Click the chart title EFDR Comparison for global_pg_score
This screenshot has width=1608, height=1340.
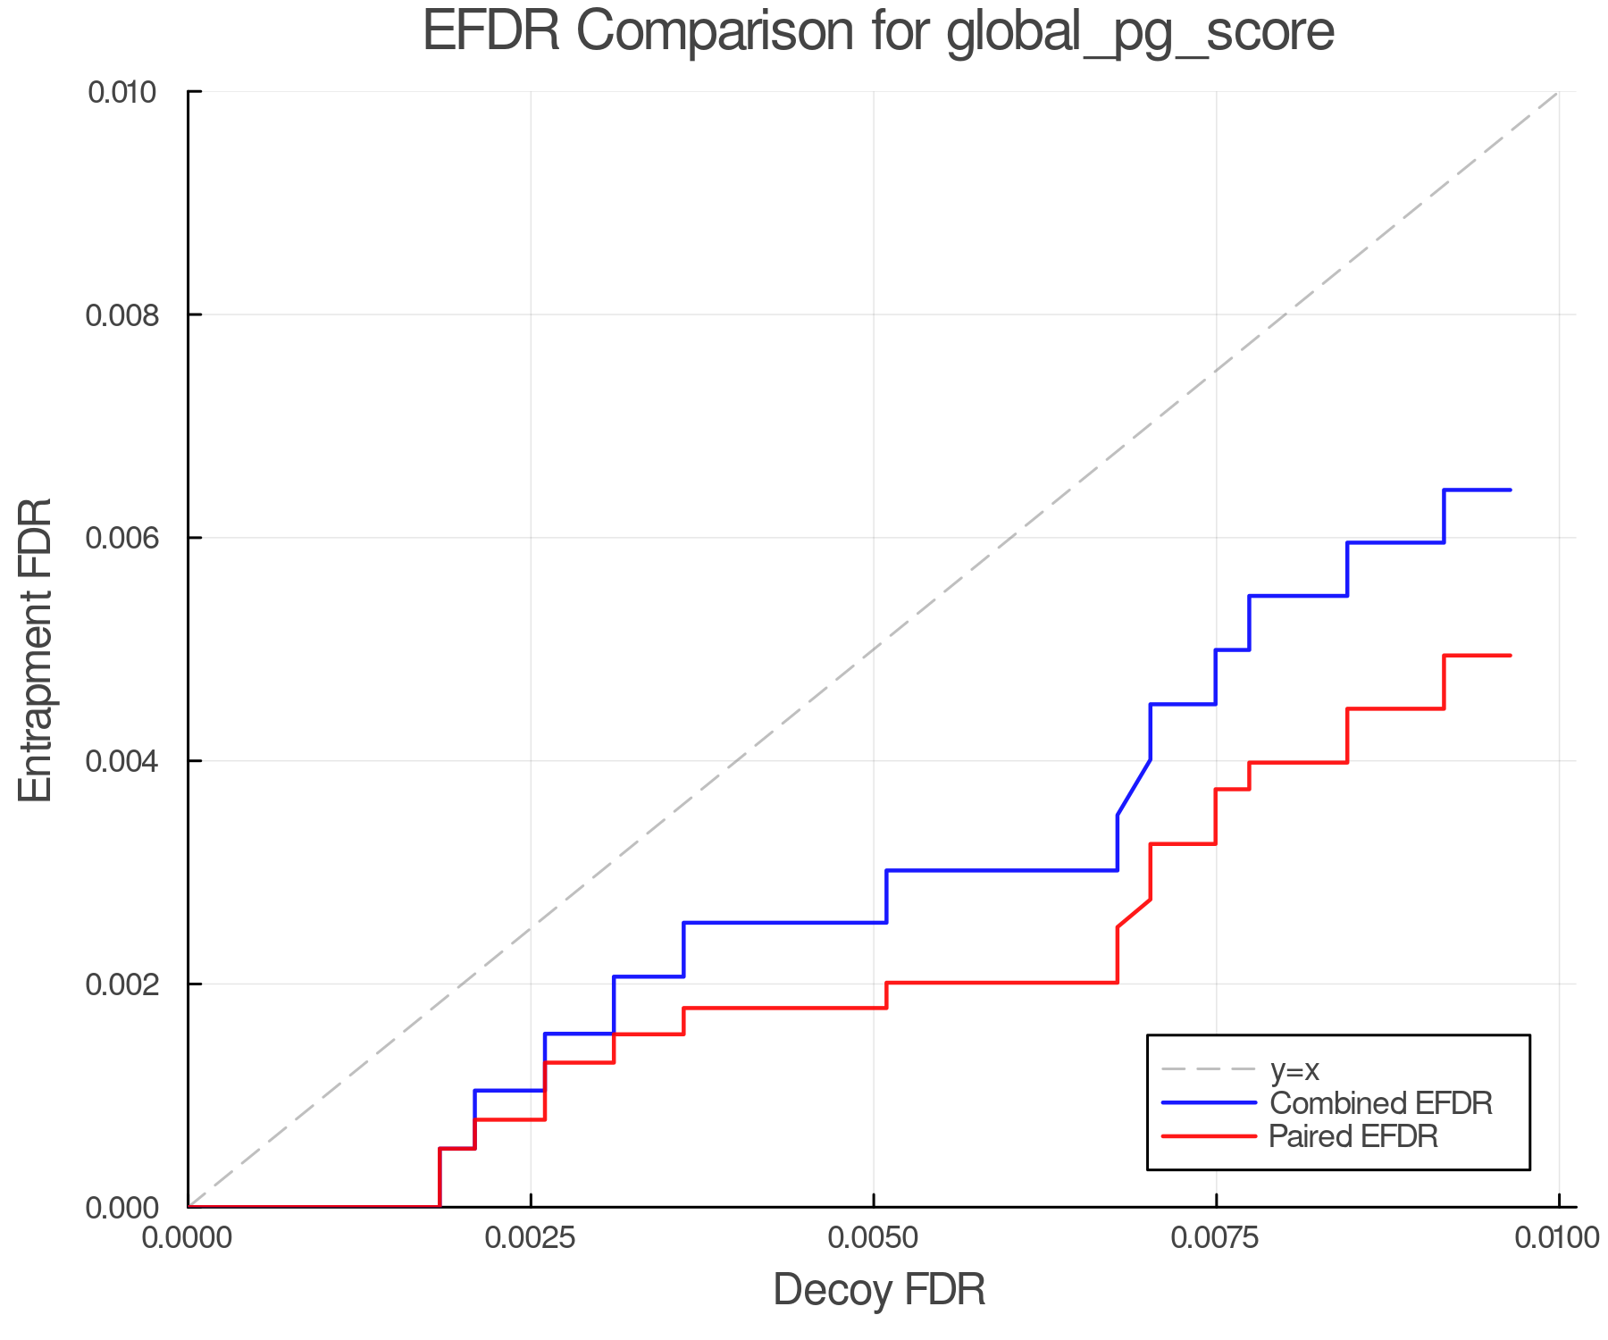click(x=878, y=32)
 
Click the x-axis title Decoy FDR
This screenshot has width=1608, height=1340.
click(x=878, y=1289)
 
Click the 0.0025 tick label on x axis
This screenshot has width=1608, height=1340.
click(x=531, y=1237)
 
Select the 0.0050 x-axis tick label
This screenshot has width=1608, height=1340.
click(x=873, y=1237)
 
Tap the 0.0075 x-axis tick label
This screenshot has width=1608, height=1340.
click(x=1216, y=1237)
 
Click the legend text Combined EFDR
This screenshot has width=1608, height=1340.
click(x=1380, y=1103)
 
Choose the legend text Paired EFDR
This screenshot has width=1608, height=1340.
click(x=1353, y=1136)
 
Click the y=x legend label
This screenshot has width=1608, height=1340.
click(x=1294, y=1069)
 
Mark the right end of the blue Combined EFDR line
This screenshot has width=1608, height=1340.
click(x=1510, y=490)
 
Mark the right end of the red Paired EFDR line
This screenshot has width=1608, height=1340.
click(x=1510, y=656)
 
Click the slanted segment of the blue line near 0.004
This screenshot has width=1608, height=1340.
click(x=1134, y=788)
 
